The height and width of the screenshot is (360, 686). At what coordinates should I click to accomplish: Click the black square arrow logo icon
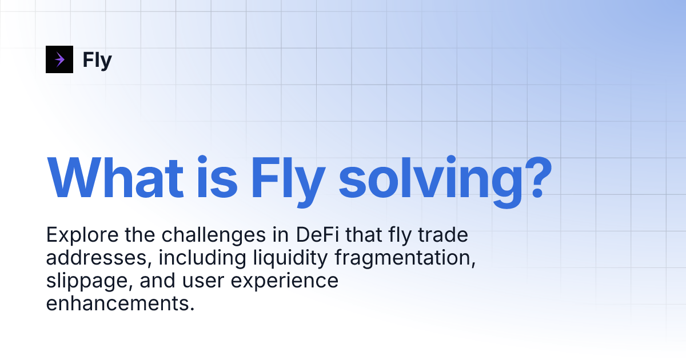coord(59,59)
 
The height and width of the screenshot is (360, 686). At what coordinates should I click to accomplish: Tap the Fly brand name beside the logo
coord(97,60)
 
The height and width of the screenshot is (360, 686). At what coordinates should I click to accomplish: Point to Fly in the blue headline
coord(288,177)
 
